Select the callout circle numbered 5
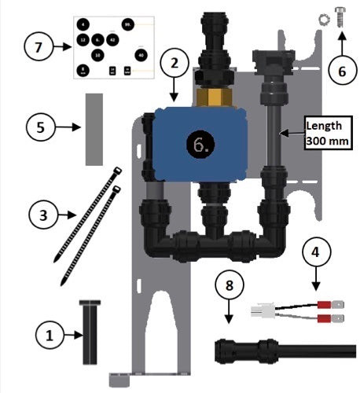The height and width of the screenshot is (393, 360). pyautogui.click(x=42, y=126)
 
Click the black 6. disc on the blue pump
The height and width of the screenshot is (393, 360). pyautogui.click(x=199, y=144)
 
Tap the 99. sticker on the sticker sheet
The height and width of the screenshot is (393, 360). pyautogui.click(x=127, y=26)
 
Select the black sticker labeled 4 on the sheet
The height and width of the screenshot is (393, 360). pyautogui.click(x=83, y=25)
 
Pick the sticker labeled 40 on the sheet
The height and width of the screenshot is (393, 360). pyautogui.click(x=140, y=55)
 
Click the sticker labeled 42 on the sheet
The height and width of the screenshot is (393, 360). pyautogui.click(x=112, y=39)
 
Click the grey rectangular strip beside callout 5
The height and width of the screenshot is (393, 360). pyautogui.click(x=94, y=127)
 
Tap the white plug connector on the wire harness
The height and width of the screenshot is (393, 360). pyautogui.click(x=259, y=311)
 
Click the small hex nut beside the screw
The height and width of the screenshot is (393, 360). pyautogui.click(x=323, y=19)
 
